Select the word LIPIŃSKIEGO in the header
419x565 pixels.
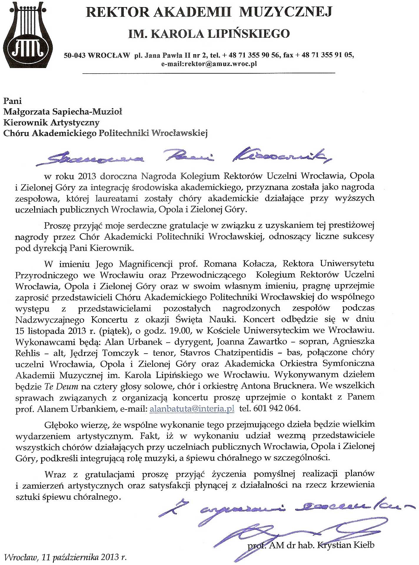(249, 34)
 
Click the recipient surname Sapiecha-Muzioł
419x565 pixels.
(87, 112)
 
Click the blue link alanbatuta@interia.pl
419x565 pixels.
(192, 409)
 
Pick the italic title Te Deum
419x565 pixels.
(61, 386)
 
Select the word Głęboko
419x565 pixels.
(62, 425)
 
